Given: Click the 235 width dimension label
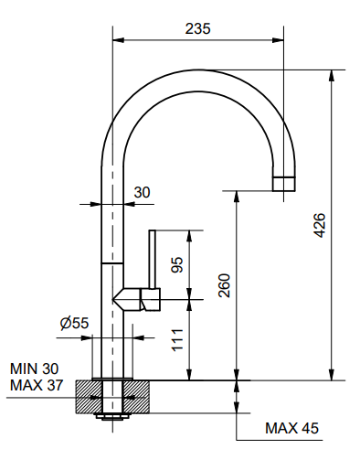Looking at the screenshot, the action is click(198, 29).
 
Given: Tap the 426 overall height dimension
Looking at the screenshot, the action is click(320, 226).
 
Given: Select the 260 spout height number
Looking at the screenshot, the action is click(225, 285).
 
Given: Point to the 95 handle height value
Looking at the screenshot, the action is click(177, 264).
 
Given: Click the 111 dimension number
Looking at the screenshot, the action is click(177, 340).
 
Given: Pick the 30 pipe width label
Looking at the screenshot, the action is click(143, 192).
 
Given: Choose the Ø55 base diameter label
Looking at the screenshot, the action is click(75, 323).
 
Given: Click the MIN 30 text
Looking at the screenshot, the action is click(34, 369).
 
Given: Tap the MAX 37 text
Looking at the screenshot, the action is click(37, 385).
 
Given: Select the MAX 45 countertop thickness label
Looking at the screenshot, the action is click(291, 428).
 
